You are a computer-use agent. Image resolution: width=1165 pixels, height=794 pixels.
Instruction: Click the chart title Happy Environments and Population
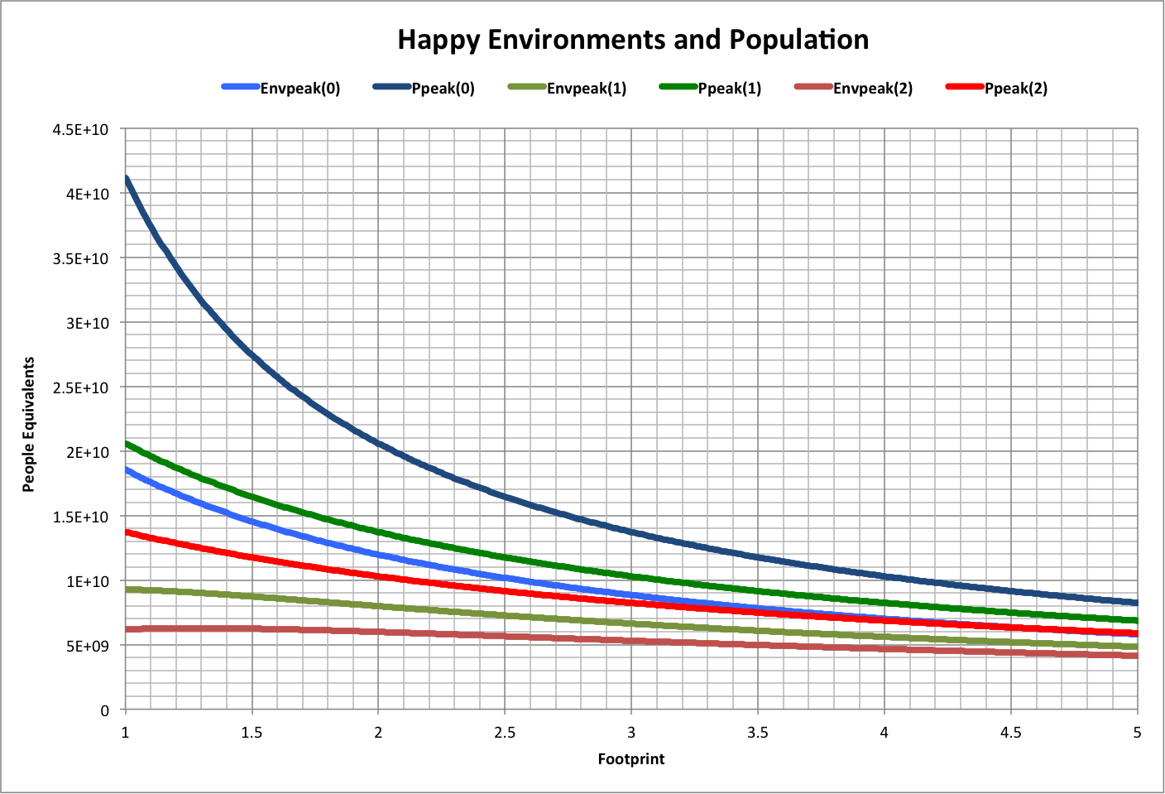(633, 40)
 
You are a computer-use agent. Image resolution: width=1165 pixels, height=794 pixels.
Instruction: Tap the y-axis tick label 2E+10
(88, 452)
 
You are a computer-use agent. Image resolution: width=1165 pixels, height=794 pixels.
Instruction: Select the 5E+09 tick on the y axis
(88, 646)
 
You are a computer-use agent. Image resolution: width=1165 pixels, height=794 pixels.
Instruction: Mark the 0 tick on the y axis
(104, 710)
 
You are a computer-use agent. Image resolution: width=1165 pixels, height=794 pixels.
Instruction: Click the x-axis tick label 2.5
(505, 732)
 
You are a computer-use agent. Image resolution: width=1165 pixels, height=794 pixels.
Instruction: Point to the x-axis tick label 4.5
(1010, 732)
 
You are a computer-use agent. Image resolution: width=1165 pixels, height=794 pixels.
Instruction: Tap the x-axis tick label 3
(631, 732)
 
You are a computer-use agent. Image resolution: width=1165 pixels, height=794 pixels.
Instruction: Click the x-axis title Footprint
(631, 758)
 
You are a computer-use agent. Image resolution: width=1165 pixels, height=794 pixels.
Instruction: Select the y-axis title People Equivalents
(29, 424)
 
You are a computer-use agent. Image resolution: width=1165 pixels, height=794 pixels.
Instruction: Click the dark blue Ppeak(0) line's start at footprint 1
(126, 177)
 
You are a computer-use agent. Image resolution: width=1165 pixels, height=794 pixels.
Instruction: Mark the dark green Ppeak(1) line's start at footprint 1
(126, 444)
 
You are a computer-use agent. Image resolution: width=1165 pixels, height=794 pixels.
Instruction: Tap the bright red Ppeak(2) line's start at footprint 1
(126, 532)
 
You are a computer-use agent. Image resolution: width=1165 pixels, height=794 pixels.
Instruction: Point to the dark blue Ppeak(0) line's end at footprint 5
(1137, 603)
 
